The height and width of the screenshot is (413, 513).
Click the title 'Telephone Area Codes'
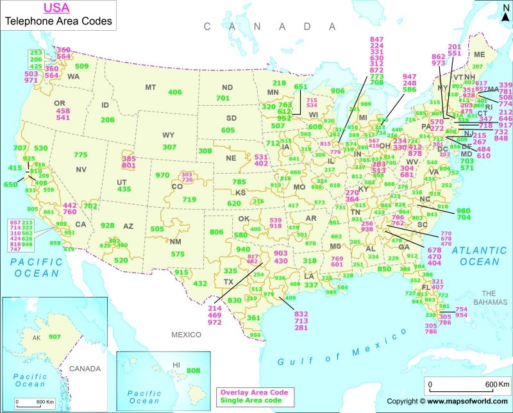[x=58, y=21]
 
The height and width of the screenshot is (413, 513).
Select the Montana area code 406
[x=174, y=92]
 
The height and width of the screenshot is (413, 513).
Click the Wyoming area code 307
[x=169, y=147]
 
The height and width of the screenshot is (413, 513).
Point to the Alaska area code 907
[x=55, y=337]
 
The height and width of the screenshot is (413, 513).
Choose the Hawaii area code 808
[x=192, y=370]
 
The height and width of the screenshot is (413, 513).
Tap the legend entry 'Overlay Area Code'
[x=253, y=392]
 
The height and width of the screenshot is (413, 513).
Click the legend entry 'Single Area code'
[x=250, y=401]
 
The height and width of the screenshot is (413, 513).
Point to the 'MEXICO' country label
[x=185, y=335]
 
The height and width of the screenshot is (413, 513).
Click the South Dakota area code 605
[x=228, y=130]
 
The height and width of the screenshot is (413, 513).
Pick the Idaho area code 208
[x=107, y=119]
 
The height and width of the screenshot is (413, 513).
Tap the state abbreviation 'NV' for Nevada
[x=81, y=169]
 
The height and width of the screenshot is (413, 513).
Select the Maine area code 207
[x=477, y=66]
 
